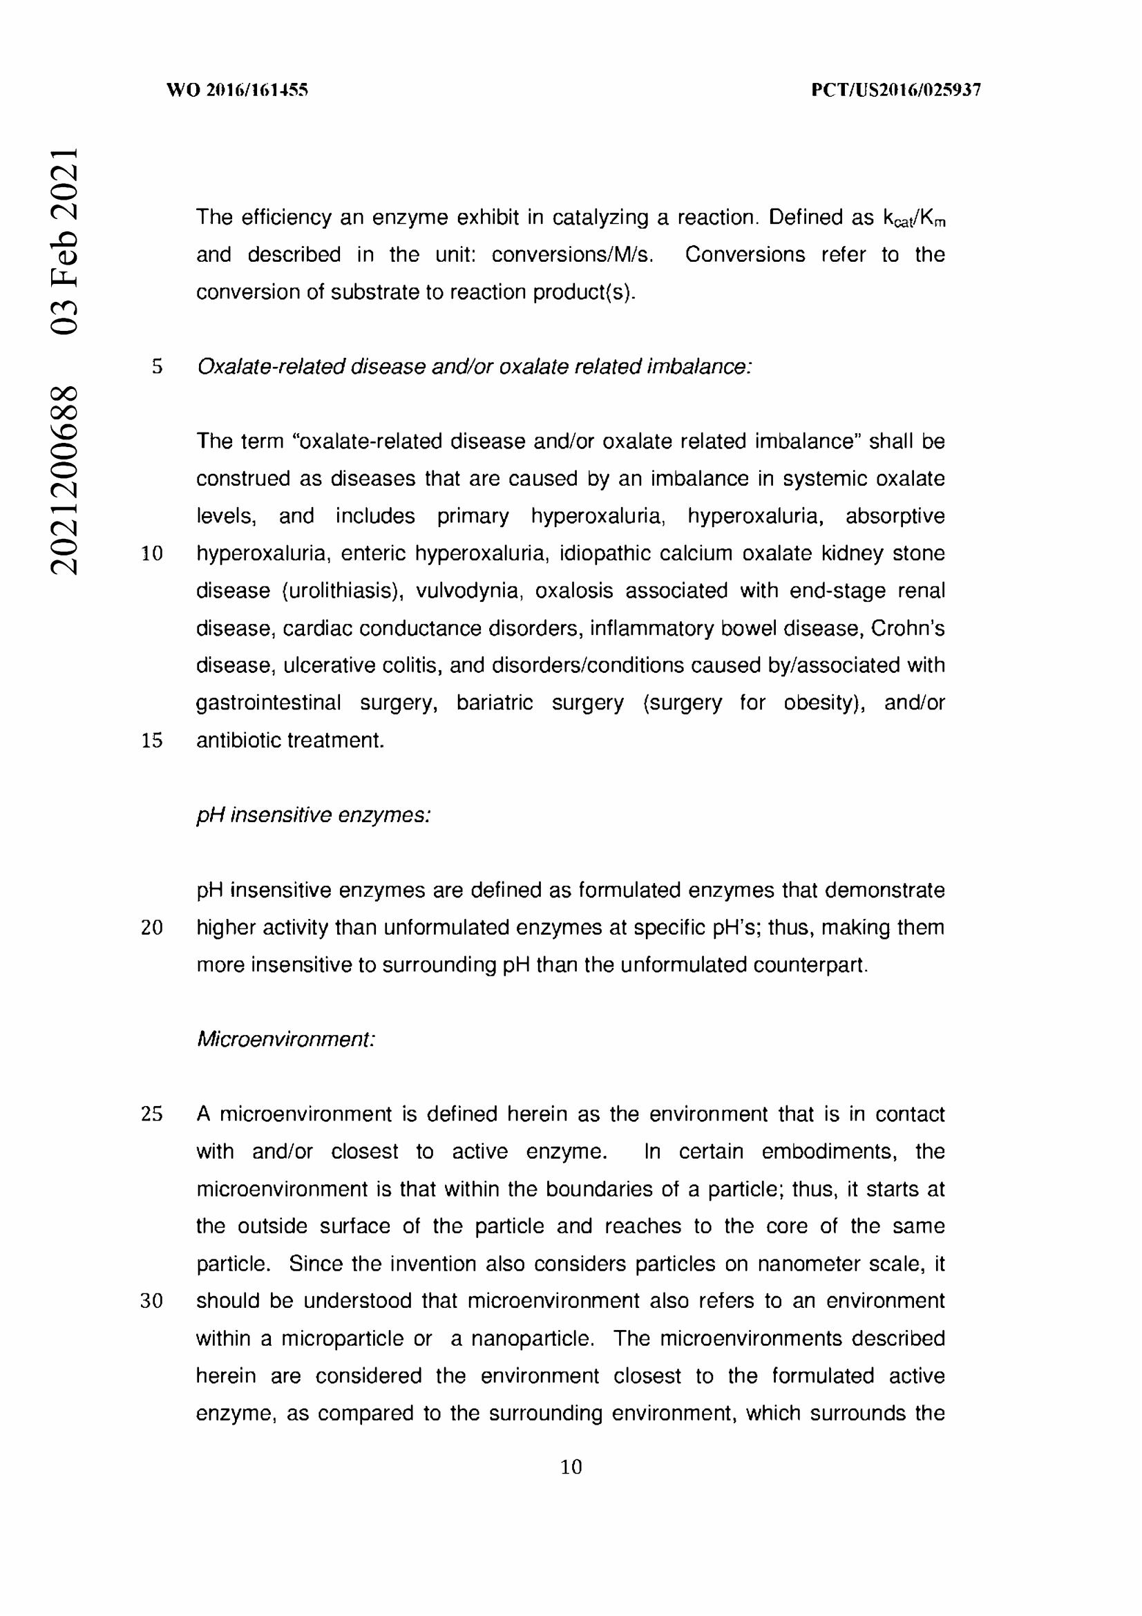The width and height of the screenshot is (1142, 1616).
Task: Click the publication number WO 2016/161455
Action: [237, 90]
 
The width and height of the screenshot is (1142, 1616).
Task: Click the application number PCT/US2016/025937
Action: [896, 90]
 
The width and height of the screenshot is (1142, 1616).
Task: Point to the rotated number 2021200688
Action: [64, 479]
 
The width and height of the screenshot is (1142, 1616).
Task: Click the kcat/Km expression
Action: [914, 219]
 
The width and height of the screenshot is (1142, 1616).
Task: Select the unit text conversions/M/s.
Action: [572, 255]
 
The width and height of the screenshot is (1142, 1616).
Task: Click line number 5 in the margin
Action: [157, 367]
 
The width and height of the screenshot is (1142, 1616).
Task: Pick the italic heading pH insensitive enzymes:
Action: [313, 815]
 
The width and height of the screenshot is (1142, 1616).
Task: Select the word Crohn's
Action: [908, 628]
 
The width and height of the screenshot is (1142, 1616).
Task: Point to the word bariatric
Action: [494, 703]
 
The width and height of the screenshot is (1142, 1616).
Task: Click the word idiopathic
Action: [603, 553]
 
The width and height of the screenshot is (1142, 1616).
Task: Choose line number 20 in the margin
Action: [152, 928]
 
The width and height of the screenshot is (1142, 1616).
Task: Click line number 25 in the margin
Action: [152, 1114]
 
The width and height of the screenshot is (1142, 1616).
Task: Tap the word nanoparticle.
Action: [532, 1338]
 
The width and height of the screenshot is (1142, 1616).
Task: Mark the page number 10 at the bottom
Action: [571, 1467]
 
